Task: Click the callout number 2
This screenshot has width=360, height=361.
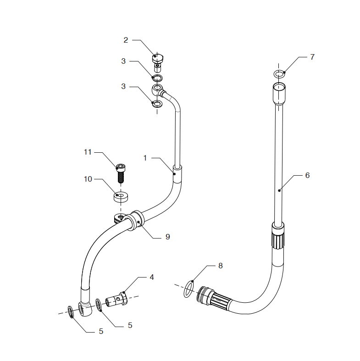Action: (x=126, y=40)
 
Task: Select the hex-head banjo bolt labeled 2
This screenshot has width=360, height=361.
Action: (x=157, y=60)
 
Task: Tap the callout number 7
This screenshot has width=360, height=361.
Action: (x=312, y=57)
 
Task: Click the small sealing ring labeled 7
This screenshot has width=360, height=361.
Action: (x=278, y=74)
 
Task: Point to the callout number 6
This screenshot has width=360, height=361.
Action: (x=307, y=175)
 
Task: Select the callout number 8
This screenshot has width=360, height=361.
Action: (x=220, y=266)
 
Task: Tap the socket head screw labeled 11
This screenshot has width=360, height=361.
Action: (x=121, y=172)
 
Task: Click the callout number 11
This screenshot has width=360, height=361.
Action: (x=88, y=152)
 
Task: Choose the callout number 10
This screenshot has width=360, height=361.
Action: (x=88, y=179)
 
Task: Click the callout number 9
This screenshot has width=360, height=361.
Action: (x=168, y=237)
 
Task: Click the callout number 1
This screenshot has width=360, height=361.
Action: (x=145, y=158)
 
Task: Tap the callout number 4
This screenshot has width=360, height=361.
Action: (x=151, y=277)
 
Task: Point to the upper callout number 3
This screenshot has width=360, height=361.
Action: (x=123, y=61)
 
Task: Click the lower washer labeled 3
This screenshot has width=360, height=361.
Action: (x=157, y=104)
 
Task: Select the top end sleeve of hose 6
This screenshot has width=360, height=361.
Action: (x=279, y=94)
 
